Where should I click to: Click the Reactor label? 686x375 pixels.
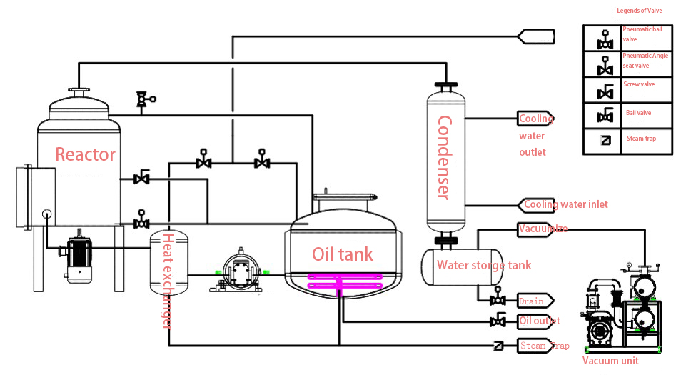[85, 154]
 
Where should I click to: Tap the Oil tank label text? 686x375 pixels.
[343, 254]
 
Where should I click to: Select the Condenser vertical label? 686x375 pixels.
[443, 157]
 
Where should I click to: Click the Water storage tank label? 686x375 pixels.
[484, 266]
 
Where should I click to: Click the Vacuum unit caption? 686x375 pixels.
[610, 361]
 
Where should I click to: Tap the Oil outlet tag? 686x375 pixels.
[538, 321]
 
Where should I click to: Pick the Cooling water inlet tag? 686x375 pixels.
[565, 205]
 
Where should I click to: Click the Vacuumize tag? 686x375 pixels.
[543, 229]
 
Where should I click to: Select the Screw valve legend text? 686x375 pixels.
[639, 84]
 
